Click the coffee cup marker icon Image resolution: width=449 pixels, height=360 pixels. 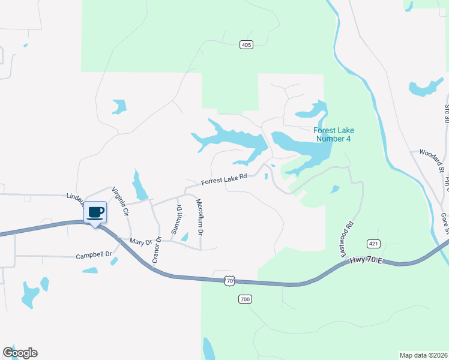click(95, 212)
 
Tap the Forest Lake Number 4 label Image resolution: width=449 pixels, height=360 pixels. click(333, 134)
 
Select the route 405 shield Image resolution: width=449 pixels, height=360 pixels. click(246, 44)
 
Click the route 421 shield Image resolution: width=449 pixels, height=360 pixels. click(373, 243)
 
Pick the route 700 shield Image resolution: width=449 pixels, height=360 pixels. click(244, 299)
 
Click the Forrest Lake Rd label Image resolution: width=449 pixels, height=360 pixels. click(224, 179)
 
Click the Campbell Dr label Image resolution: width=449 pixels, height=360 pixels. click(94, 255)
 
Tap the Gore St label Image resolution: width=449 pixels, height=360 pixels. click(444, 221)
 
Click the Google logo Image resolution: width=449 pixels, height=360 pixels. click(20, 353)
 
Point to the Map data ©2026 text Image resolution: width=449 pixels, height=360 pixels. click(423, 355)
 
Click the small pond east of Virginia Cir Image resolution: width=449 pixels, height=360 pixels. click(140, 186)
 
